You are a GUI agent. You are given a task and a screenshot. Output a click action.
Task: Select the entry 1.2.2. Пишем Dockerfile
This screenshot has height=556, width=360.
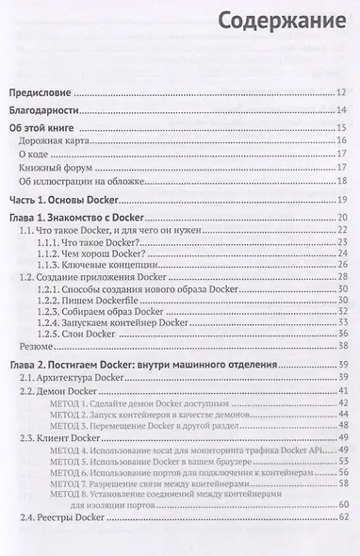96,307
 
